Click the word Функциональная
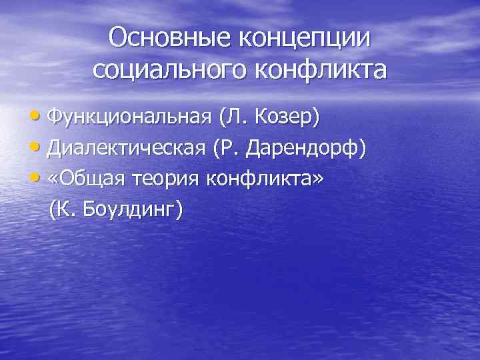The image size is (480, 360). click(x=129, y=117)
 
